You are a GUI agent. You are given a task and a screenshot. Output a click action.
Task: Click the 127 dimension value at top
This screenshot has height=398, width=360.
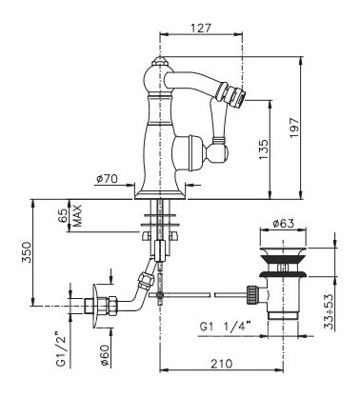201,28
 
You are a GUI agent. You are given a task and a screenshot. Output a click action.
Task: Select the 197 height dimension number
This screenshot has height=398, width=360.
294,128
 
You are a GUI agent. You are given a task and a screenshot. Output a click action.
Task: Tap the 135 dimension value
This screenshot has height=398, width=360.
263,149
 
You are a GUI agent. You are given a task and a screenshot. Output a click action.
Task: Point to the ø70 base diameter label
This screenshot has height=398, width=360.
107,179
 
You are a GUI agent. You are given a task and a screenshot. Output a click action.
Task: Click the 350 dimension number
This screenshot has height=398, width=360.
27,252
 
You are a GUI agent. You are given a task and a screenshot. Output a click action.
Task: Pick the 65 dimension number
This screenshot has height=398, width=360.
63,215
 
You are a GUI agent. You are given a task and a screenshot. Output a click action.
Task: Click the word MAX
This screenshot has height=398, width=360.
77,215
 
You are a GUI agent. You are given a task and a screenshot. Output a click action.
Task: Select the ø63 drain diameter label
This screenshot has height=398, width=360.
284,224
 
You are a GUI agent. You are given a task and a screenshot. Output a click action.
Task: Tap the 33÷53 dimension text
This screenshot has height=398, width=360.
330,311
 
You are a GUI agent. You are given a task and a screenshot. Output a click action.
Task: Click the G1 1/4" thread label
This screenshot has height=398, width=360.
225,326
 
